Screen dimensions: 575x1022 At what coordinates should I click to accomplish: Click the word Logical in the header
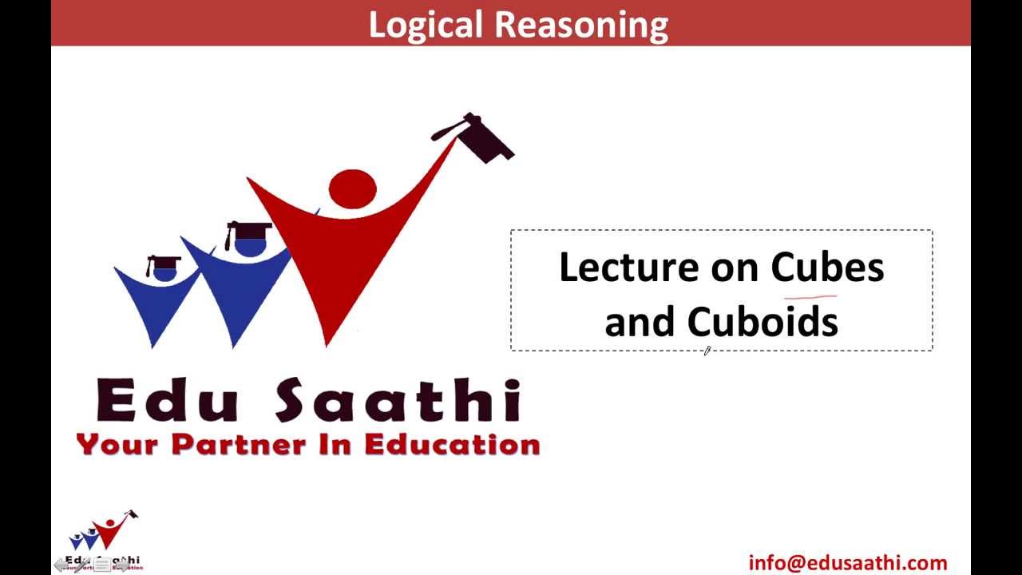click(x=426, y=26)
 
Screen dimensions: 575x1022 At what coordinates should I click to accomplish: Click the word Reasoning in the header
click(x=581, y=26)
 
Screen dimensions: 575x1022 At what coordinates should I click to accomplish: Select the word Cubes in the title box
click(x=827, y=267)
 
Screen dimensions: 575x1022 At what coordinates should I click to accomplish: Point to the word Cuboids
click(x=763, y=322)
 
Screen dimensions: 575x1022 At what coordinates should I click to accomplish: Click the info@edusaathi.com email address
click(x=848, y=563)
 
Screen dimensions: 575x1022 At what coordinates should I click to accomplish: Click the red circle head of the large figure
click(x=352, y=187)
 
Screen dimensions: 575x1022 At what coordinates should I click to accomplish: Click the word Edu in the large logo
click(x=167, y=401)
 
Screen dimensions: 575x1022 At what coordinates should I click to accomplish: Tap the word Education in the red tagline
click(x=452, y=445)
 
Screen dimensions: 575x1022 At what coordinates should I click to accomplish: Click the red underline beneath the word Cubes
click(x=810, y=296)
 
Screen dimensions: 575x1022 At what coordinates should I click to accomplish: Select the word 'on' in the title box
click(x=733, y=268)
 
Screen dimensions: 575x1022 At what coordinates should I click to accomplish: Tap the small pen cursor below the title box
click(x=707, y=351)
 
